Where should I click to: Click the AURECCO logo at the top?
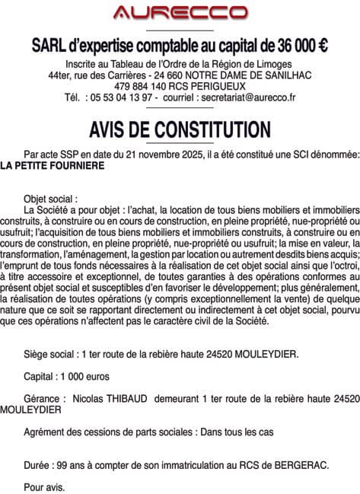(x=180, y=13)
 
